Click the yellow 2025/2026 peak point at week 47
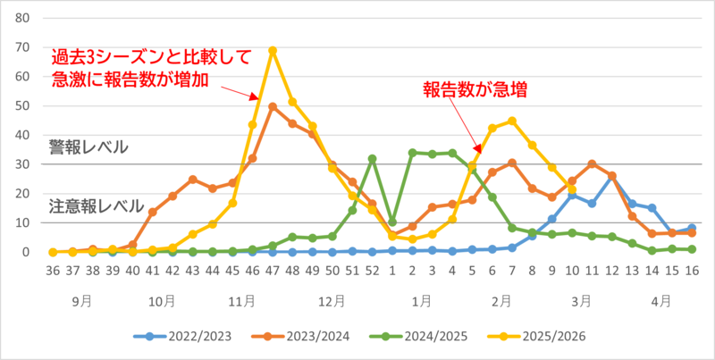tap(273, 50)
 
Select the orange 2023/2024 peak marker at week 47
tap(273, 106)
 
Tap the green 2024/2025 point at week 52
tap(372, 159)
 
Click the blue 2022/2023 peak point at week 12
tap(611, 176)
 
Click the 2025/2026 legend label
tap(563, 336)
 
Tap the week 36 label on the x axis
tap(53, 272)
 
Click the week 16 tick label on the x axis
tap(691, 272)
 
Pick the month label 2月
tap(501, 301)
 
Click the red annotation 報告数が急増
tap(474, 88)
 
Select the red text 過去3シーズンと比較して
tap(151, 55)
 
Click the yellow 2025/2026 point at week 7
tap(512, 121)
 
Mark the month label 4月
tap(661, 301)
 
